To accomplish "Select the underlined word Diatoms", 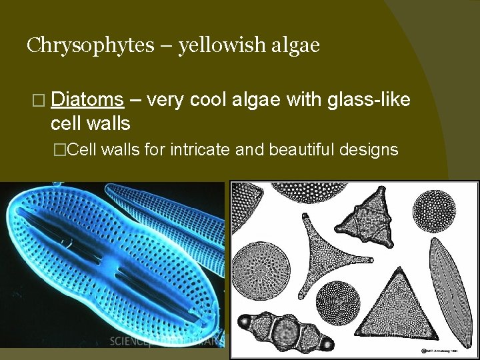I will tap(87, 101).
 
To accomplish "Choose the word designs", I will tap(369, 149).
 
